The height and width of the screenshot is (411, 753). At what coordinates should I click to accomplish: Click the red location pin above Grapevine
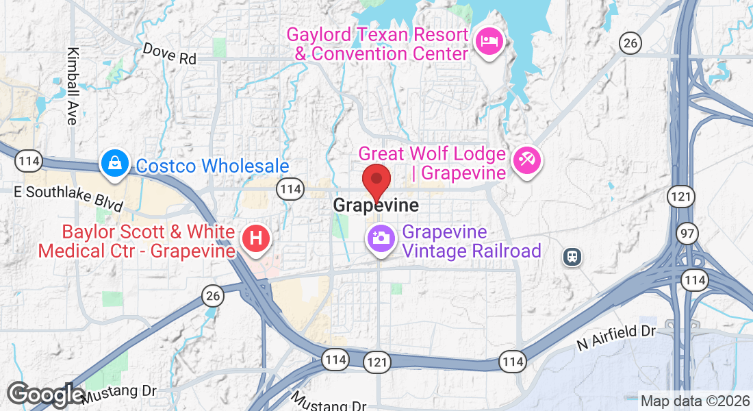pyautogui.click(x=376, y=181)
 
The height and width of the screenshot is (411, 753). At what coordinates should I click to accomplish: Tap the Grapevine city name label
pyautogui.click(x=376, y=205)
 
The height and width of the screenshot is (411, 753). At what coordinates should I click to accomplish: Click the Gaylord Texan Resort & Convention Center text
pyautogui.click(x=377, y=44)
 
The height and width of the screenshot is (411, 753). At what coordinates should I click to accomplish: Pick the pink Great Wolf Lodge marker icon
pyautogui.click(x=527, y=162)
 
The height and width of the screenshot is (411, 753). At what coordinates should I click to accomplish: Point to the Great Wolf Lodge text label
pyautogui.click(x=432, y=163)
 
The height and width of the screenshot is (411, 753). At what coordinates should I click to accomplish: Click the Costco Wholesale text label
pyautogui.click(x=212, y=166)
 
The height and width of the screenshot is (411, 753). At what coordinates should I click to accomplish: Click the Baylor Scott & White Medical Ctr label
pyautogui.click(x=137, y=241)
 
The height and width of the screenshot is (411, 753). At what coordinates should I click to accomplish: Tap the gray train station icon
pyautogui.click(x=572, y=256)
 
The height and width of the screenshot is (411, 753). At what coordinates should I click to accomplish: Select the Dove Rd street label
pyautogui.click(x=170, y=54)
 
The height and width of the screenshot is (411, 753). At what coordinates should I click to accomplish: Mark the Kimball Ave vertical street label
pyautogui.click(x=71, y=86)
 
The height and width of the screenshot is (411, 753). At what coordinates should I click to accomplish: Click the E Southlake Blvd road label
pyautogui.click(x=68, y=198)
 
